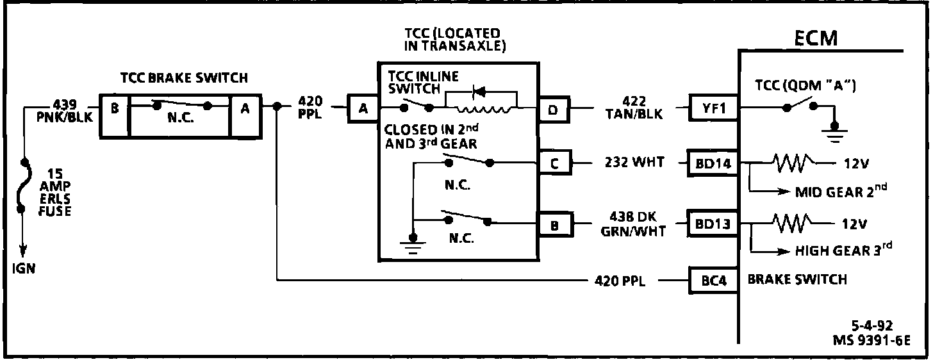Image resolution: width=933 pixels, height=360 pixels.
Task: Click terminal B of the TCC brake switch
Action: [114, 108]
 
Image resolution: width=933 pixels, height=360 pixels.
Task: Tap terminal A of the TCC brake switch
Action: [245, 108]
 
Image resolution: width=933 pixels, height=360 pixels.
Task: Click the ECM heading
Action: [815, 38]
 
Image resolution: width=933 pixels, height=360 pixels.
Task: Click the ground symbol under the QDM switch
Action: [834, 131]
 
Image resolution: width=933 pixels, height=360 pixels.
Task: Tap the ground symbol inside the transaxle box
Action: [414, 245]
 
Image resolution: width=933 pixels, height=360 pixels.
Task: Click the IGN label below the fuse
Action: [24, 269]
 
